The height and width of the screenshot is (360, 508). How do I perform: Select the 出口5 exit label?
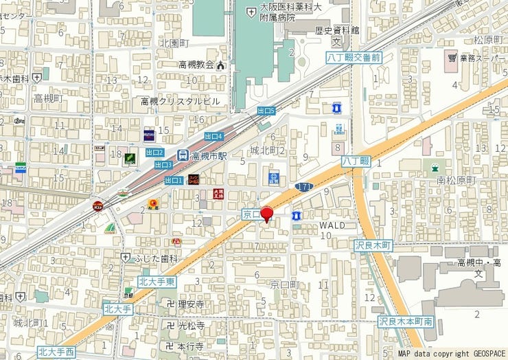click(266, 111)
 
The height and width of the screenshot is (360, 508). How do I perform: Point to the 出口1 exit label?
click(174, 181)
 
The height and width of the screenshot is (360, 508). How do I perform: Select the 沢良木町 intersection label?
click(373, 245)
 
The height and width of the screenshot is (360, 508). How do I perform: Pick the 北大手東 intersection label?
click(157, 282)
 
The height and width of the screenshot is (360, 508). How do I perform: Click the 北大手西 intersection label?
click(56, 352)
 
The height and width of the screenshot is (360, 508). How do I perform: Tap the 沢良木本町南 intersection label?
click(406, 322)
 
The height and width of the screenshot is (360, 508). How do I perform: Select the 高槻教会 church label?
click(196, 65)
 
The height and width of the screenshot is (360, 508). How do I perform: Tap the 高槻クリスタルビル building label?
click(181, 101)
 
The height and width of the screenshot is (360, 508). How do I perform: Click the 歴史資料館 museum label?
click(338, 30)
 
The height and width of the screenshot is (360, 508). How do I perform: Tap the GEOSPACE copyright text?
click(481, 354)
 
